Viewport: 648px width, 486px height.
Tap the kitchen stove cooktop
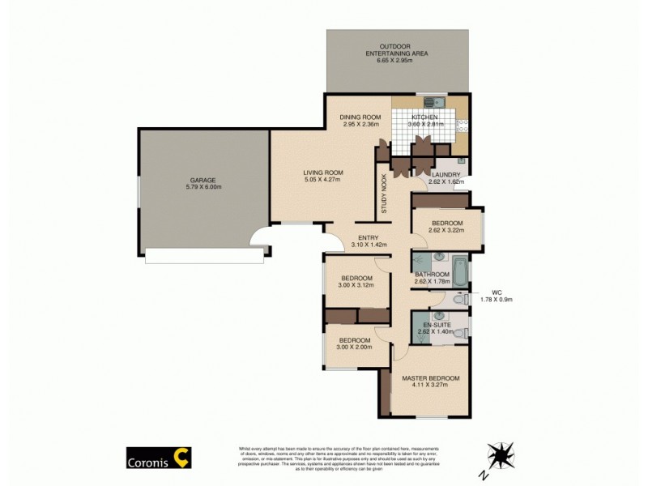[463, 126]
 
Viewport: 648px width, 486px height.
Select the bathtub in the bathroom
[458, 269]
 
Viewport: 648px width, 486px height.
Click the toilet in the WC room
[460, 301]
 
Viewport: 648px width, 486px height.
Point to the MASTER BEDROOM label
[430, 378]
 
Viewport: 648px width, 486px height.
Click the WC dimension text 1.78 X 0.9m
[497, 300]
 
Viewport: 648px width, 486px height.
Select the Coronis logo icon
[184, 458]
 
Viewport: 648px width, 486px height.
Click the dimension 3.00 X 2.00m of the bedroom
[355, 347]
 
